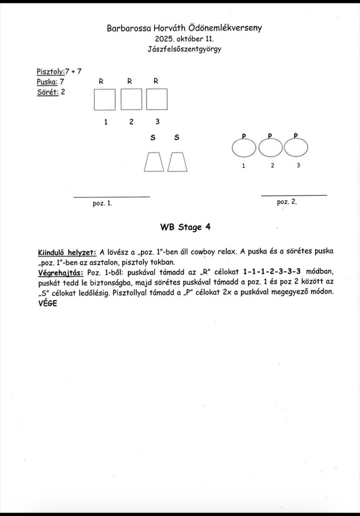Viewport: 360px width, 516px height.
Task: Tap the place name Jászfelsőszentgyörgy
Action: point(184,49)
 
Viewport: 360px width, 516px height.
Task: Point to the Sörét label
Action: point(47,92)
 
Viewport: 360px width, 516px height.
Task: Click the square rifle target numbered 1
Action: point(105,100)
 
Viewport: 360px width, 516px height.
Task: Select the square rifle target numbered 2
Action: point(131,100)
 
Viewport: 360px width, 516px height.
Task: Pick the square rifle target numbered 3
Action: point(157,100)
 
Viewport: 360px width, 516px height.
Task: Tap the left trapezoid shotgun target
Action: point(154,162)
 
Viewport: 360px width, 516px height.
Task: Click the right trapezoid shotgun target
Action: point(177,162)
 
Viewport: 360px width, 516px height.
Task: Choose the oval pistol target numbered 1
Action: point(244,148)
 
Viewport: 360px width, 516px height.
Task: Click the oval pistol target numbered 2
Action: point(271,148)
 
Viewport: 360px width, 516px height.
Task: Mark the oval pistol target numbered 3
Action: point(296,148)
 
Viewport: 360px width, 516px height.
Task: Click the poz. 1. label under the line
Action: point(102,203)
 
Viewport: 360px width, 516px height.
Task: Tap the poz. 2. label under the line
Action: point(287,202)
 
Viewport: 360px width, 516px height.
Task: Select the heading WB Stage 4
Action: point(185,227)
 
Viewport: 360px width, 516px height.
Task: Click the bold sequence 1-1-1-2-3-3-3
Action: point(272,272)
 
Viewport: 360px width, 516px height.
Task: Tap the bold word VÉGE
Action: point(47,304)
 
